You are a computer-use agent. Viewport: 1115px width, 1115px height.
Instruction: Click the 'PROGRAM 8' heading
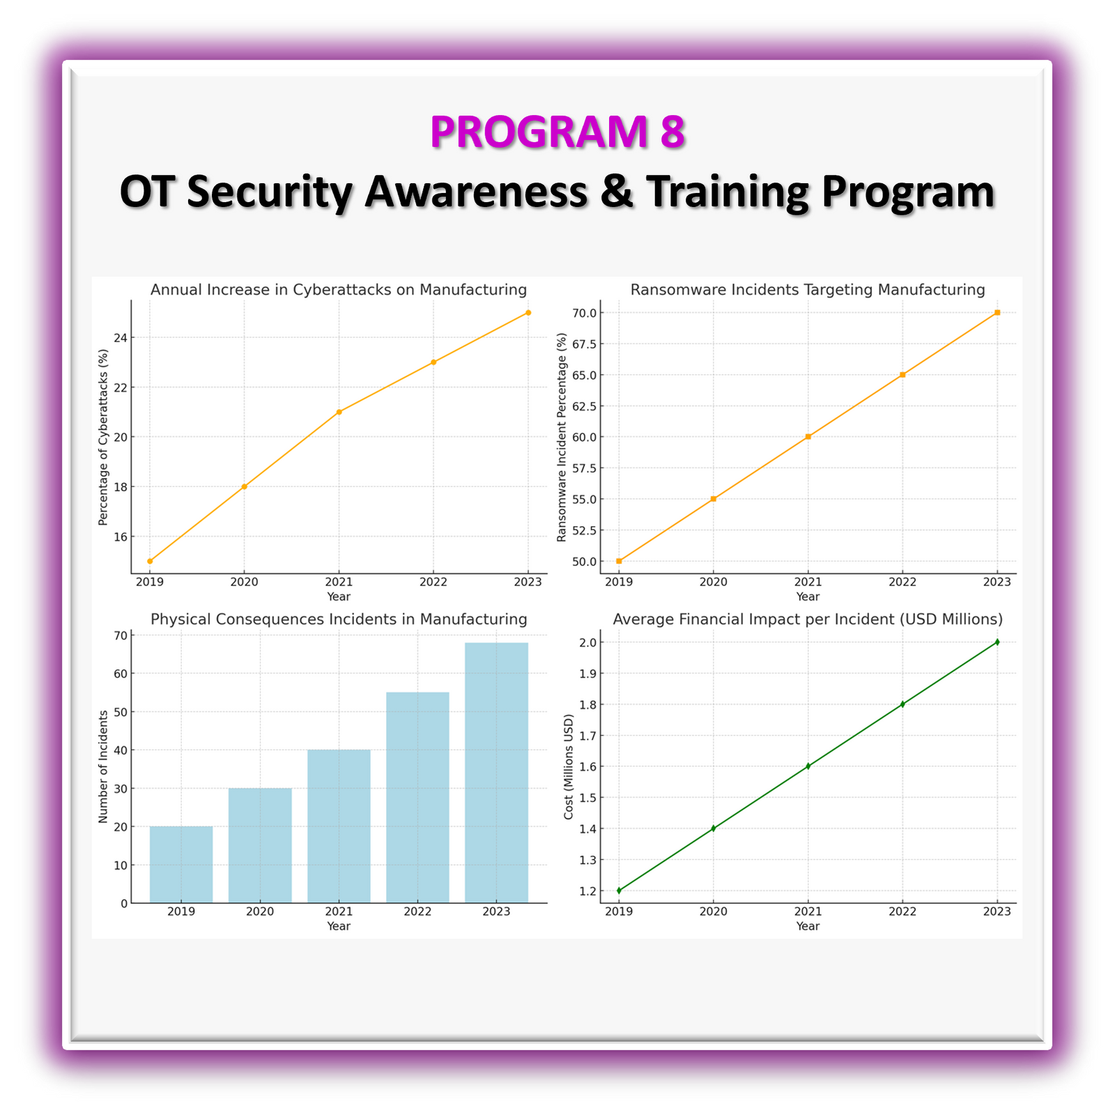coord(557,131)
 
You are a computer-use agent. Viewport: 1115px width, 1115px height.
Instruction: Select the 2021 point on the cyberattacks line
coord(339,412)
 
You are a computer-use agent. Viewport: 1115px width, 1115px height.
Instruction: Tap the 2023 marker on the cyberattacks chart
coord(528,313)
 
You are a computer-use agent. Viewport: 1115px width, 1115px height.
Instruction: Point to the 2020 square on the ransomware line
coord(713,499)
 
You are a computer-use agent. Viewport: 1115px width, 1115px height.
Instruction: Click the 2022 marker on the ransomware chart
coord(902,375)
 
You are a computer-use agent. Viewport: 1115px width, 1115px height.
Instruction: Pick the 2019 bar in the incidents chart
coord(181,864)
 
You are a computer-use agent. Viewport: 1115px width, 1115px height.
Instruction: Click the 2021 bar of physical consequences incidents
coord(339,826)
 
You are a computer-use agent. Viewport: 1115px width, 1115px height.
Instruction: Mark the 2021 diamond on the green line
coord(808,767)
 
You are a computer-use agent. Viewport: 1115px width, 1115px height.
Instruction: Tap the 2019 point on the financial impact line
coord(619,891)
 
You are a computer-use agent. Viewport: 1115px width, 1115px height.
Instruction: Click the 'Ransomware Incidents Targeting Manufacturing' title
coord(808,290)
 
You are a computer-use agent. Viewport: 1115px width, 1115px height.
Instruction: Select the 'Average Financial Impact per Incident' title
coord(808,620)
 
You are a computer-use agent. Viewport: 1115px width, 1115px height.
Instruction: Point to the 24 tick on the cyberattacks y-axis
coord(121,338)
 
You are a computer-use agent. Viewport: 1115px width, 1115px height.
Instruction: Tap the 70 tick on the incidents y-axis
coord(121,636)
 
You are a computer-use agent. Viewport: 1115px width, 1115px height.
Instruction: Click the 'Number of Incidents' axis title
coord(104,767)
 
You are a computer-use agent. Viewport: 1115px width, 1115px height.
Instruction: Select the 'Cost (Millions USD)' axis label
coord(569,767)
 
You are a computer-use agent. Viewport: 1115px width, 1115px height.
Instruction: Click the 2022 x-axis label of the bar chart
coord(417,912)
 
